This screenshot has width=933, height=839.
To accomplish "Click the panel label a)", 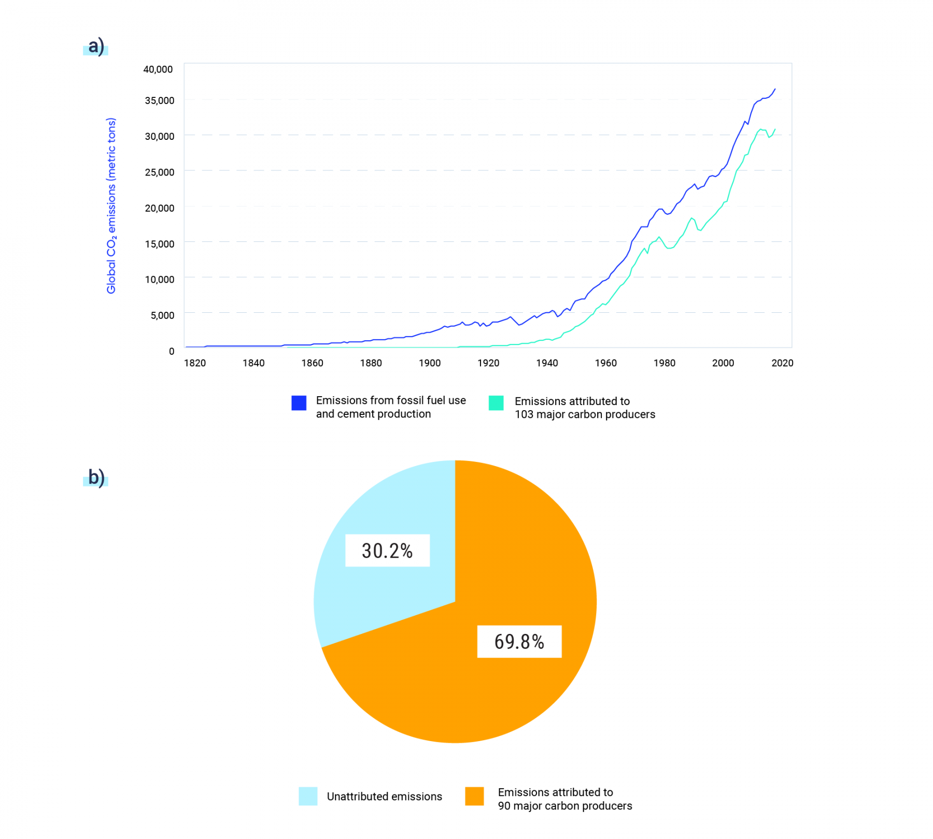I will pos(96,46).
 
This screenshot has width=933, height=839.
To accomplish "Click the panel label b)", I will pos(96,477).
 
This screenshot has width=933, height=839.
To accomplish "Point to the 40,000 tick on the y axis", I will pos(158,69).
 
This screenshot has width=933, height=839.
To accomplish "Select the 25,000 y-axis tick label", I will pos(159,172).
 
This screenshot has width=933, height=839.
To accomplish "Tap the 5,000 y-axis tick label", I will pos(162,315).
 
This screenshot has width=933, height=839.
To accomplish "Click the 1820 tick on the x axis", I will pos(195,363).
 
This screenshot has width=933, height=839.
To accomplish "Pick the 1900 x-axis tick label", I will pos(430,363).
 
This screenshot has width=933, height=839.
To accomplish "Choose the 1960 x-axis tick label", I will pos(605,363).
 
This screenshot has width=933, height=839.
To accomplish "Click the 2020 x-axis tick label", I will pos(782,363).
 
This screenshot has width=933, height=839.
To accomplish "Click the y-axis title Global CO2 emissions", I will pos(111,206).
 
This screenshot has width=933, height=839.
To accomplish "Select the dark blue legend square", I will pos(299,403).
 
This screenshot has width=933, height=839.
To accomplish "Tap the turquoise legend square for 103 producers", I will pos(496,403).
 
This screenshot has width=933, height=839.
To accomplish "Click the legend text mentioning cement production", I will pos(391,407).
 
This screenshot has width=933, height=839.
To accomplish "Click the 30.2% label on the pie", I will pos(387,551).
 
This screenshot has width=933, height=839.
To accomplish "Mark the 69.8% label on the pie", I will pos(519,642).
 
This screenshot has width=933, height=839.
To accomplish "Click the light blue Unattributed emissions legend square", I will pos(308,796).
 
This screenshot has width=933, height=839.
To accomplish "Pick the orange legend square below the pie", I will pos(474,796).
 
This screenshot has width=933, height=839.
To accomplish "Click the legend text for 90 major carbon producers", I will pos(564,799).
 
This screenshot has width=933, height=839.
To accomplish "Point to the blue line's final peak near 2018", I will pos(775,89).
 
